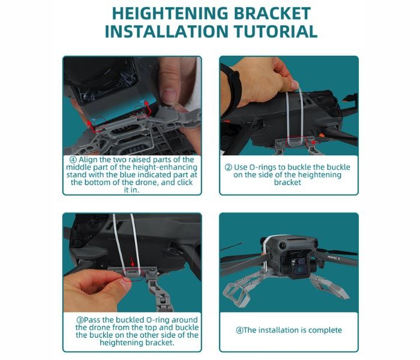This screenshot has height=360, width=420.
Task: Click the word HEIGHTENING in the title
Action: pos(170,13)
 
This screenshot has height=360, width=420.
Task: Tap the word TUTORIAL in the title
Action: pos(275,31)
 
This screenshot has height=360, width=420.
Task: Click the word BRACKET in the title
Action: pos(272,13)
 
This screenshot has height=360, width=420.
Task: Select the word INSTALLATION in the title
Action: pos(167,31)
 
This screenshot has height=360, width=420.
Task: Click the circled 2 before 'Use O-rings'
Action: pos(228,167)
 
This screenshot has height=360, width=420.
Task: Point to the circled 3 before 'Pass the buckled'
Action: pos(80,320)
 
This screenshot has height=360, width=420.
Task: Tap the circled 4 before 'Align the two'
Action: pos(73,160)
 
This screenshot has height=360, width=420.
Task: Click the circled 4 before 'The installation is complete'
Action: pos(239,330)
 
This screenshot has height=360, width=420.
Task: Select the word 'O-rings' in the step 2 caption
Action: pos(263,167)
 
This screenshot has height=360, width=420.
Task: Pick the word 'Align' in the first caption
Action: pos(88,160)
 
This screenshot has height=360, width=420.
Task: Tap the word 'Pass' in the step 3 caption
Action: pos(92,320)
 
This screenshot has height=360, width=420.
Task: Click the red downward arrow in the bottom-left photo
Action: pos(132,261)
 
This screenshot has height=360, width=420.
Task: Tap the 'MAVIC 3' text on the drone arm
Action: pos(334,257)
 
